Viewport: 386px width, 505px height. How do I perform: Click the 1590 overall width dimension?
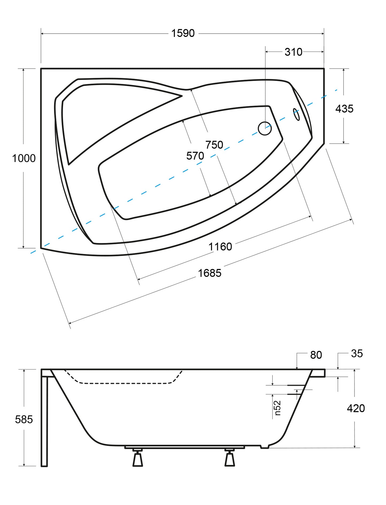(x=183, y=33)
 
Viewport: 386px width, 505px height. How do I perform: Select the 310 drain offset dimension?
(x=293, y=52)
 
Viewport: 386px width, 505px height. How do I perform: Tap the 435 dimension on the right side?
(x=344, y=109)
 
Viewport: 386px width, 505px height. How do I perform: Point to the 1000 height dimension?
(x=24, y=159)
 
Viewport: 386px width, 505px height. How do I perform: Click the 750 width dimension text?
(x=214, y=145)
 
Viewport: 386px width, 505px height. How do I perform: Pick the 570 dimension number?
(x=195, y=156)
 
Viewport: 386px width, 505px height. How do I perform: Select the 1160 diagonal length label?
(x=220, y=246)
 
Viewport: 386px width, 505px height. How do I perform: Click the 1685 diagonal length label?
(x=210, y=273)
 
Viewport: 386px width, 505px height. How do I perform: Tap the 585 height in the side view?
(x=24, y=419)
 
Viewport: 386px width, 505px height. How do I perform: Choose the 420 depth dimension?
(x=356, y=408)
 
